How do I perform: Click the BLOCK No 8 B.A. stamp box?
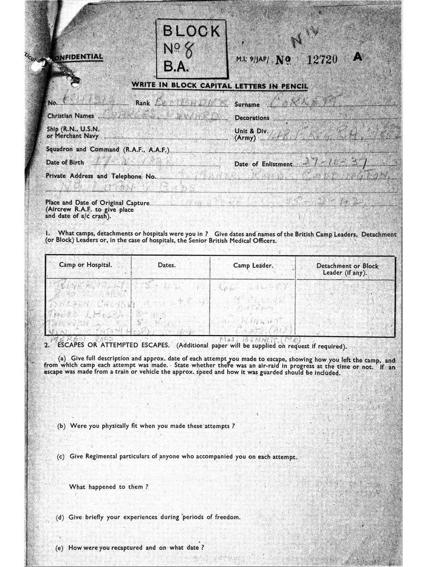click(191, 48)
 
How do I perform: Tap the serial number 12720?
click(322, 59)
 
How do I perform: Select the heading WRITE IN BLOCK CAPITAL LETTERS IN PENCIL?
click(220, 86)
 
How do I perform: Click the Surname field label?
click(247, 104)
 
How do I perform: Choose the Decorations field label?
click(252, 118)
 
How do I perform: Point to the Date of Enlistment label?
click(263, 164)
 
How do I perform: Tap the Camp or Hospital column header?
click(85, 265)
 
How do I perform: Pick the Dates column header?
click(166, 265)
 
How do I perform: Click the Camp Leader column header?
click(253, 266)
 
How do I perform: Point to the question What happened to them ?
click(109, 487)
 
